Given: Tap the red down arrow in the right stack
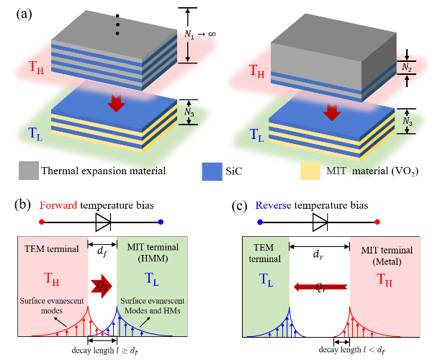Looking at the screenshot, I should (x=332, y=112).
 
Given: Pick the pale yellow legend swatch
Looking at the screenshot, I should (x=310, y=171).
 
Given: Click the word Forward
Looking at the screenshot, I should (x=58, y=205).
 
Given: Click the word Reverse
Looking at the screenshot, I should (x=274, y=205).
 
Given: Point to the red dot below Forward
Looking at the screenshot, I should (x=42, y=222).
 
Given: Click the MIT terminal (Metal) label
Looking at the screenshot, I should (x=387, y=256).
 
